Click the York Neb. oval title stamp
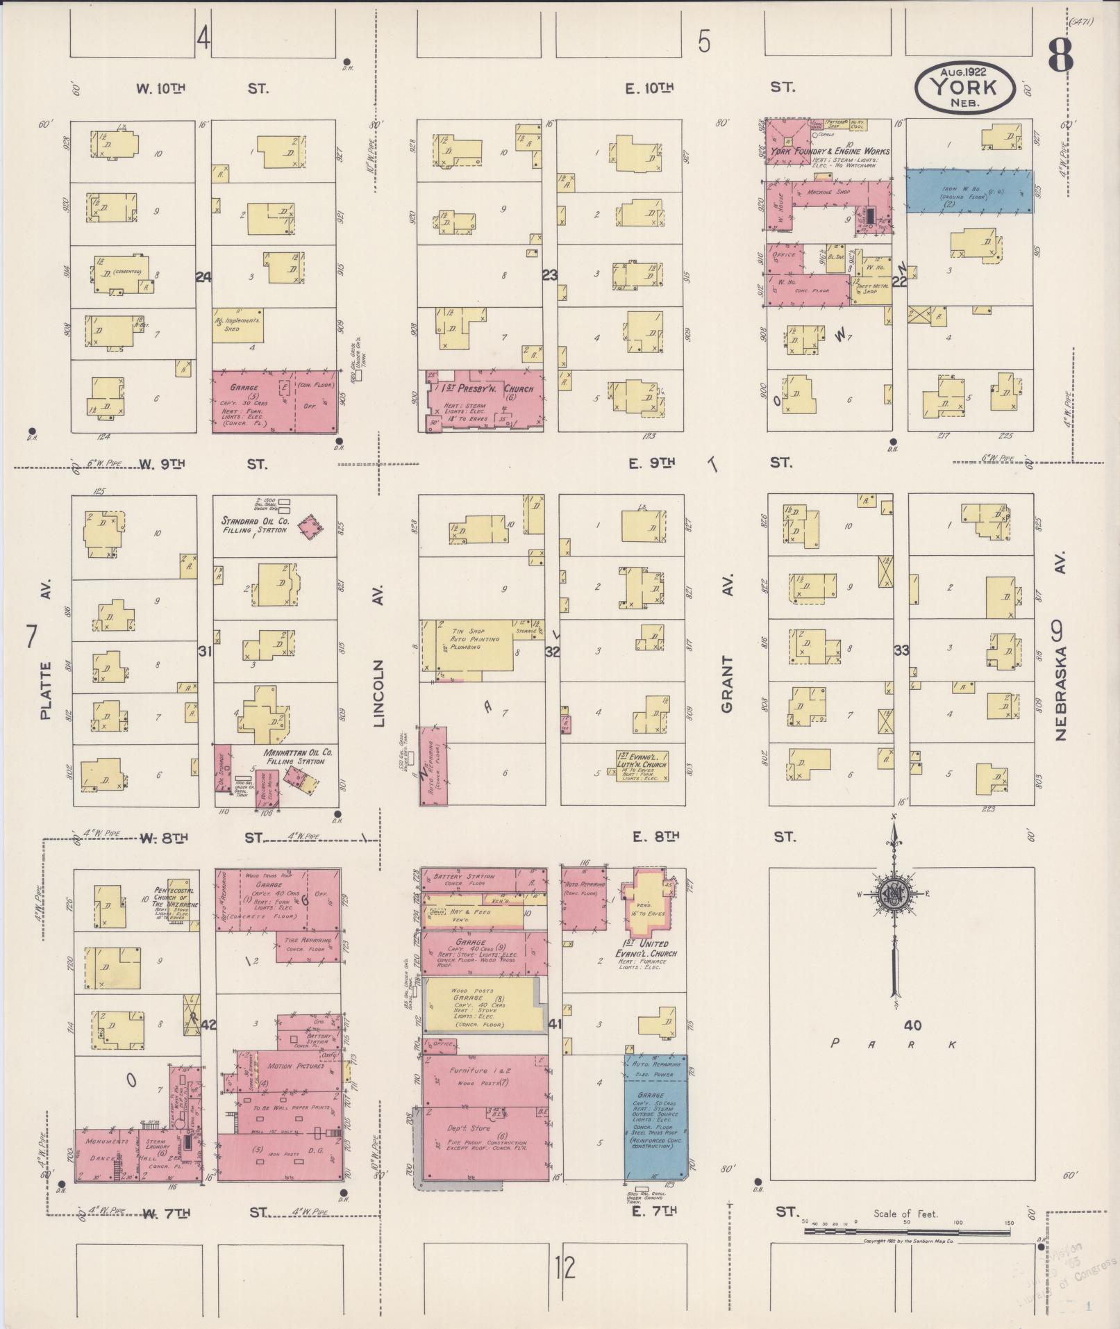965,88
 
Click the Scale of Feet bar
906,1232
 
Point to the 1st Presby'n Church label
486,390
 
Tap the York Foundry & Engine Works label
829,151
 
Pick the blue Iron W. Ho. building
969,191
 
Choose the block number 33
901,651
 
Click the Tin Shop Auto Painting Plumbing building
472,647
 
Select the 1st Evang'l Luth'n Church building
642,765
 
